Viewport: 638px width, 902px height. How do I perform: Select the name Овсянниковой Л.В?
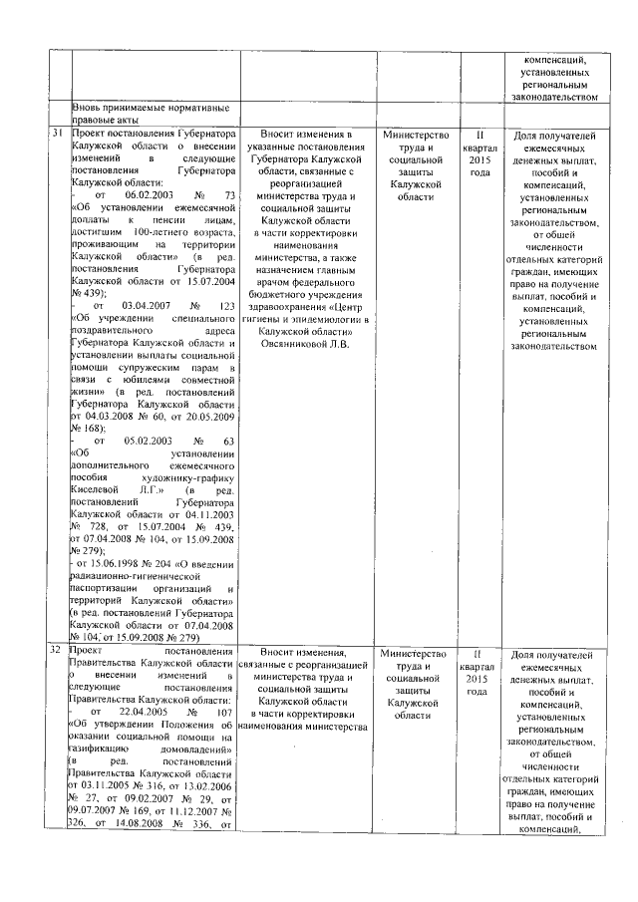(x=307, y=345)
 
